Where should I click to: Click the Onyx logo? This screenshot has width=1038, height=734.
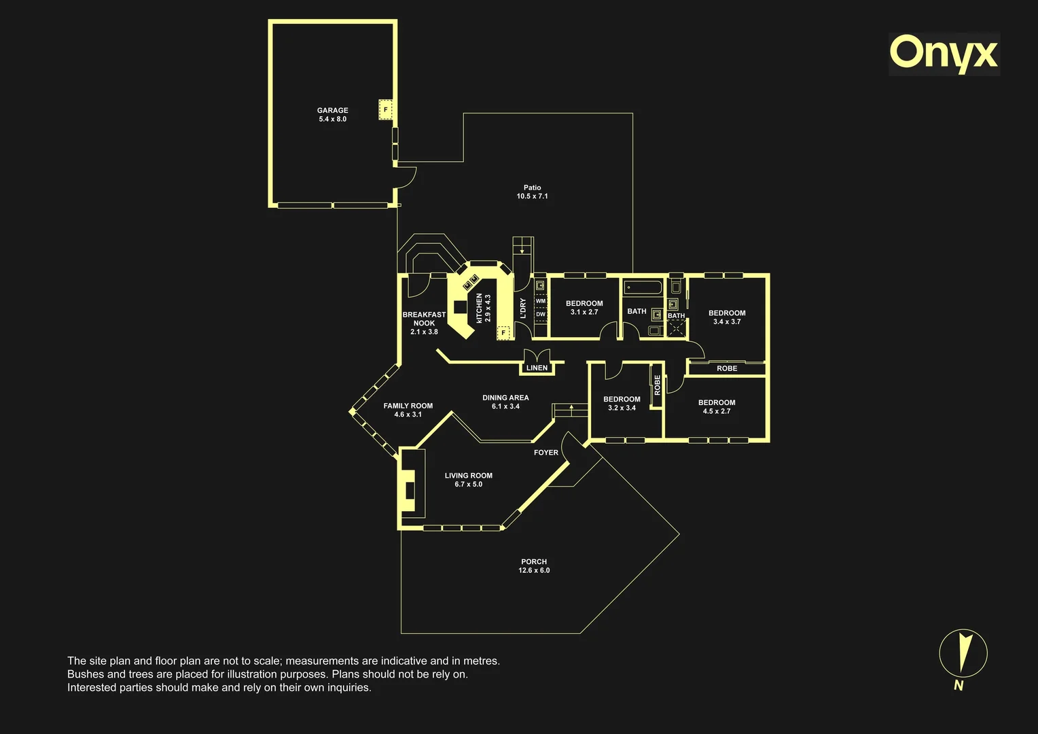pyautogui.click(x=944, y=54)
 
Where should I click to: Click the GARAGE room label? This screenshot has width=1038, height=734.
pyautogui.click(x=332, y=110)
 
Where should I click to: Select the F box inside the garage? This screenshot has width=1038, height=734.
pyautogui.click(x=386, y=110)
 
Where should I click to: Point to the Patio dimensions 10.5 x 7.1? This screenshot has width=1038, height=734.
pyautogui.click(x=532, y=196)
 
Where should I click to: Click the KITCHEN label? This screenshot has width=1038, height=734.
pyautogui.click(x=479, y=308)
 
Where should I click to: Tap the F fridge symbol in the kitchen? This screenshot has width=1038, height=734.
pyautogui.click(x=503, y=332)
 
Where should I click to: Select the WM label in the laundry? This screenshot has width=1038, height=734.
pyautogui.click(x=540, y=301)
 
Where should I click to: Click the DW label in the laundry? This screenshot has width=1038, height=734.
pyautogui.click(x=540, y=314)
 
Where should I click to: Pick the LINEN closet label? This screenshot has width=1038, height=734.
pyautogui.click(x=537, y=368)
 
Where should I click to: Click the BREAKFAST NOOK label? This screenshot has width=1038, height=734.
pyautogui.click(x=424, y=319)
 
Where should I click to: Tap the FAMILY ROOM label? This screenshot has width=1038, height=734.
pyautogui.click(x=408, y=406)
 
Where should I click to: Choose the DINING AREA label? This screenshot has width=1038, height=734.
pyautogui.click(x=505, y=398)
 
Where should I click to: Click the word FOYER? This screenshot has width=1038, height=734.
pyautogui.click(x=546, y=453)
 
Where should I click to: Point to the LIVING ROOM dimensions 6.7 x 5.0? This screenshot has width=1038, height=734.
pyautogui.click(x=469, y=484)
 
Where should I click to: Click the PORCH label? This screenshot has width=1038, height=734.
pyautogui.click(x=534, y=561)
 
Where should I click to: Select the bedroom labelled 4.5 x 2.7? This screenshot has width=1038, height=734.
pyautogui.click(x=717, y=406)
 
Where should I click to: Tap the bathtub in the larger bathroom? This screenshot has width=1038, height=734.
pyautogui.click(x=643, y=287)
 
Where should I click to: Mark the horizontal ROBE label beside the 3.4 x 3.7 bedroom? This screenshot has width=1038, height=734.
pyautogui.click(x=727, y=368)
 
